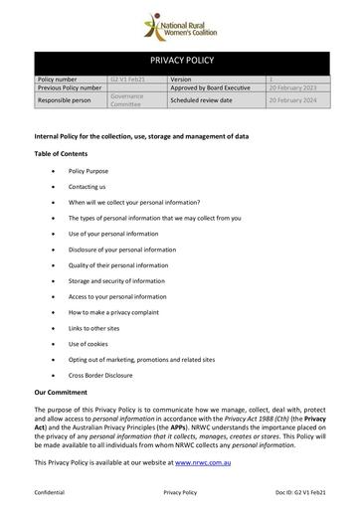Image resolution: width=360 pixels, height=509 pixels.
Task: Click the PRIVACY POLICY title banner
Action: click(x=180, y=61)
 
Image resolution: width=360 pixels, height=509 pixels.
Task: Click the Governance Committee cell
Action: click(x=125, y=100)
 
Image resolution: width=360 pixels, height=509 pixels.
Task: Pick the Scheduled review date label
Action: click(x=201, y=100)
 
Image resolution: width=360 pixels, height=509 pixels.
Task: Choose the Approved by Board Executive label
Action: click(x=212, y=87)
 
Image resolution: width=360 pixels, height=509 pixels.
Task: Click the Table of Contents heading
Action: click(x=61, y=153)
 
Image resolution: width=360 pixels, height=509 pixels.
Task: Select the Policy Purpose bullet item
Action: click(x=90, y=171)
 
